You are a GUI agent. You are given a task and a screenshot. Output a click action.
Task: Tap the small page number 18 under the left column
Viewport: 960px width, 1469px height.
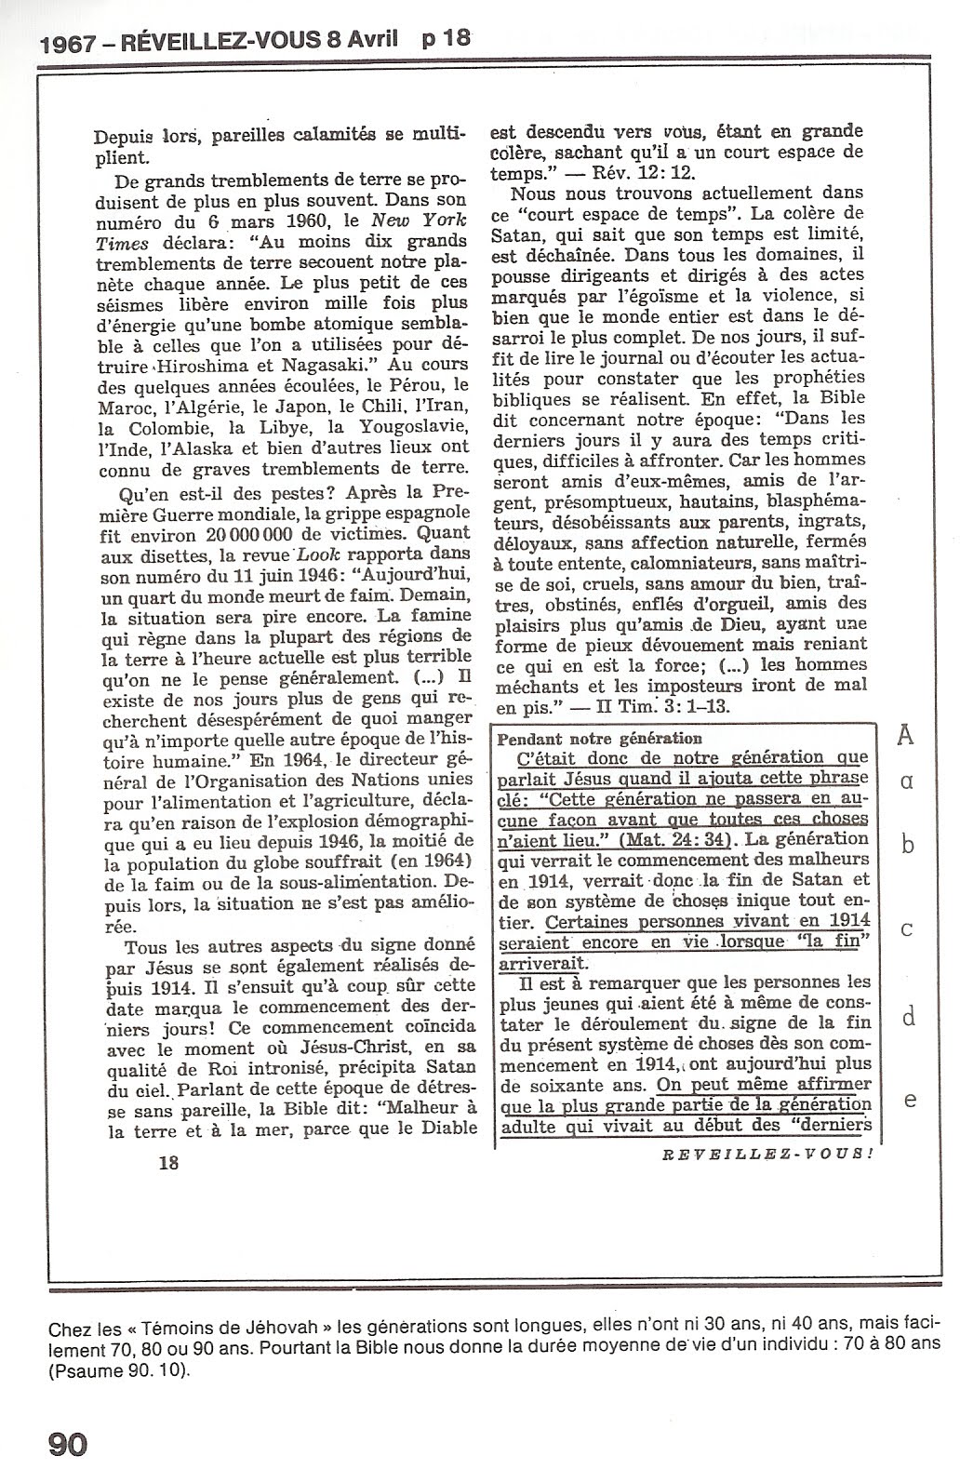[168, 1162]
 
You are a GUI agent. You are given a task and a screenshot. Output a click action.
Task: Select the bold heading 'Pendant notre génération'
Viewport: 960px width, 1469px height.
[601, 738]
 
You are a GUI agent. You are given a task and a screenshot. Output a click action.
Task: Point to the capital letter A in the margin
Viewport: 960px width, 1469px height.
[905, 736]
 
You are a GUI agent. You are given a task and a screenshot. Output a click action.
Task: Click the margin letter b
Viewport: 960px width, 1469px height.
[910, 844]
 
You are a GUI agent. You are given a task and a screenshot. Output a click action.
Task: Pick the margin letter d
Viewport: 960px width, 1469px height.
[910, 1016]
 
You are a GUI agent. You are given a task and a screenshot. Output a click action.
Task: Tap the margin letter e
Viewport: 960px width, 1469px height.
[911, 1100]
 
